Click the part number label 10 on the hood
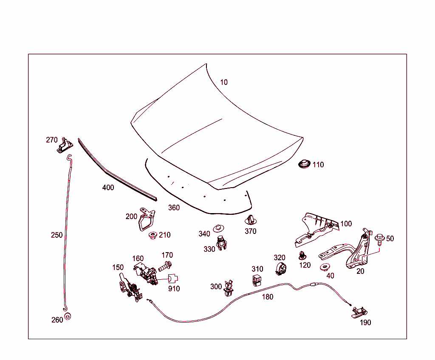[x=224, y=82]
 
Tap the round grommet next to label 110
[x=303, y=164]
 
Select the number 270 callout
[x=52, y=140]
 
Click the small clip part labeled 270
[x=65, y=145]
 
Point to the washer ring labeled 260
[x=68, y=317]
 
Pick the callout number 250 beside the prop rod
[x=56, y=235]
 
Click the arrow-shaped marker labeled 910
[x=173, y=278]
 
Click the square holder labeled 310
[x=257, y=281]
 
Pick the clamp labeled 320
[x=280, y=268]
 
